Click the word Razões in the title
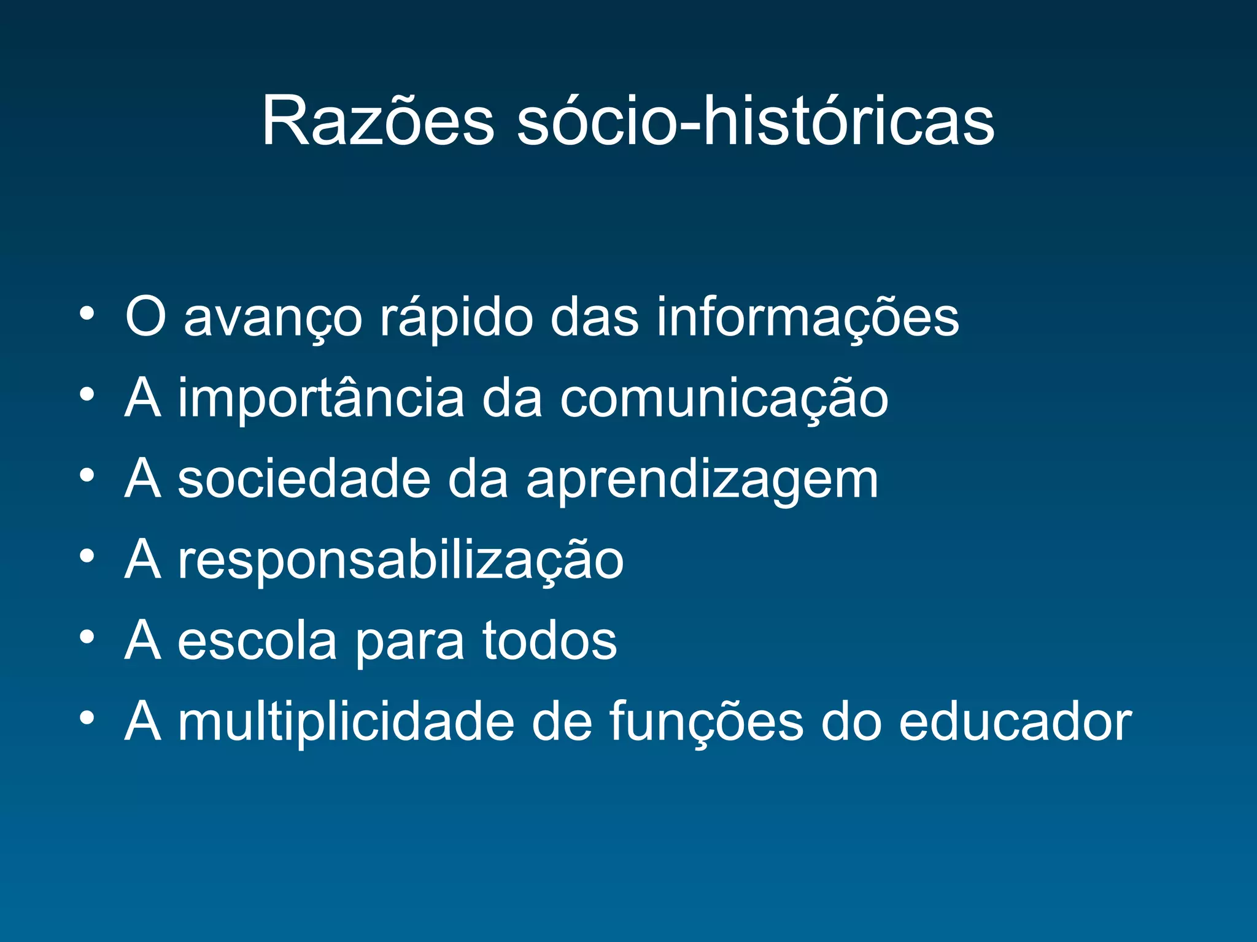[x=377, y=121]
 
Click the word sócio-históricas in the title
[x=755, y=121]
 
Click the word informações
[x=807, y=318]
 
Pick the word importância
[x=320, y=399]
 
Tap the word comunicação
[x=724, y=399]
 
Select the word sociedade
[x=304, y=480]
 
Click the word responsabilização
[x=400, y=561]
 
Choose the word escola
[x=257, y=641]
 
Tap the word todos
[x=549, y=641]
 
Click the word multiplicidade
[x=346, y=722]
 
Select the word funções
[x=706, y=722]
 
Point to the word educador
[x=1015, y=722]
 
